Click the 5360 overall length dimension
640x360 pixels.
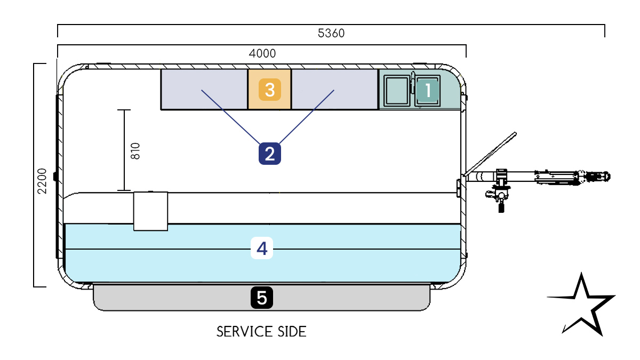point(331,33)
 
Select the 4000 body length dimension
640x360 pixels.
point(262,53)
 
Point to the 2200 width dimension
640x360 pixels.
point(42,181)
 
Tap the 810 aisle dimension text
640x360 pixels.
point(135,151)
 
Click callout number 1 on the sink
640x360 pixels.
point(428,90)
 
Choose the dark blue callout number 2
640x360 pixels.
point(269,154)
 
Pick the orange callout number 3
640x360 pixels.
point(269,90)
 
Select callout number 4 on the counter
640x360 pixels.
point(262,248)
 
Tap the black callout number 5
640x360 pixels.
point(262,298)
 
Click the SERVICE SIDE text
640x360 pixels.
point(261,332)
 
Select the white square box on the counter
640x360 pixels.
point(150,211)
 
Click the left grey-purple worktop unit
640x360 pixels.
point(204,90)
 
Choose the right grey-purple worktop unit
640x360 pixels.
point(334,90)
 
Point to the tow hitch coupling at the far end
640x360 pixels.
point(597,176)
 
